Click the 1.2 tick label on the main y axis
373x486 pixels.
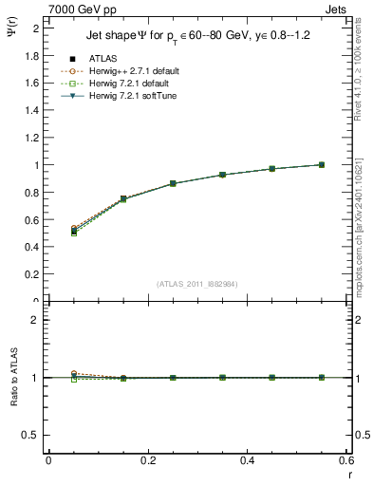click(36, 138)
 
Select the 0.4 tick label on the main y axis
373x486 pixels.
click(36, 248)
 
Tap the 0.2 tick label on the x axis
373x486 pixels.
click(147, 460)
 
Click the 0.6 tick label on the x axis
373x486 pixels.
click(346, 460)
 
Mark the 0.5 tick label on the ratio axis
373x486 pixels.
click(34, 435)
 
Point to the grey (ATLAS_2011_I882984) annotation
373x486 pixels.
click(197, 283)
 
